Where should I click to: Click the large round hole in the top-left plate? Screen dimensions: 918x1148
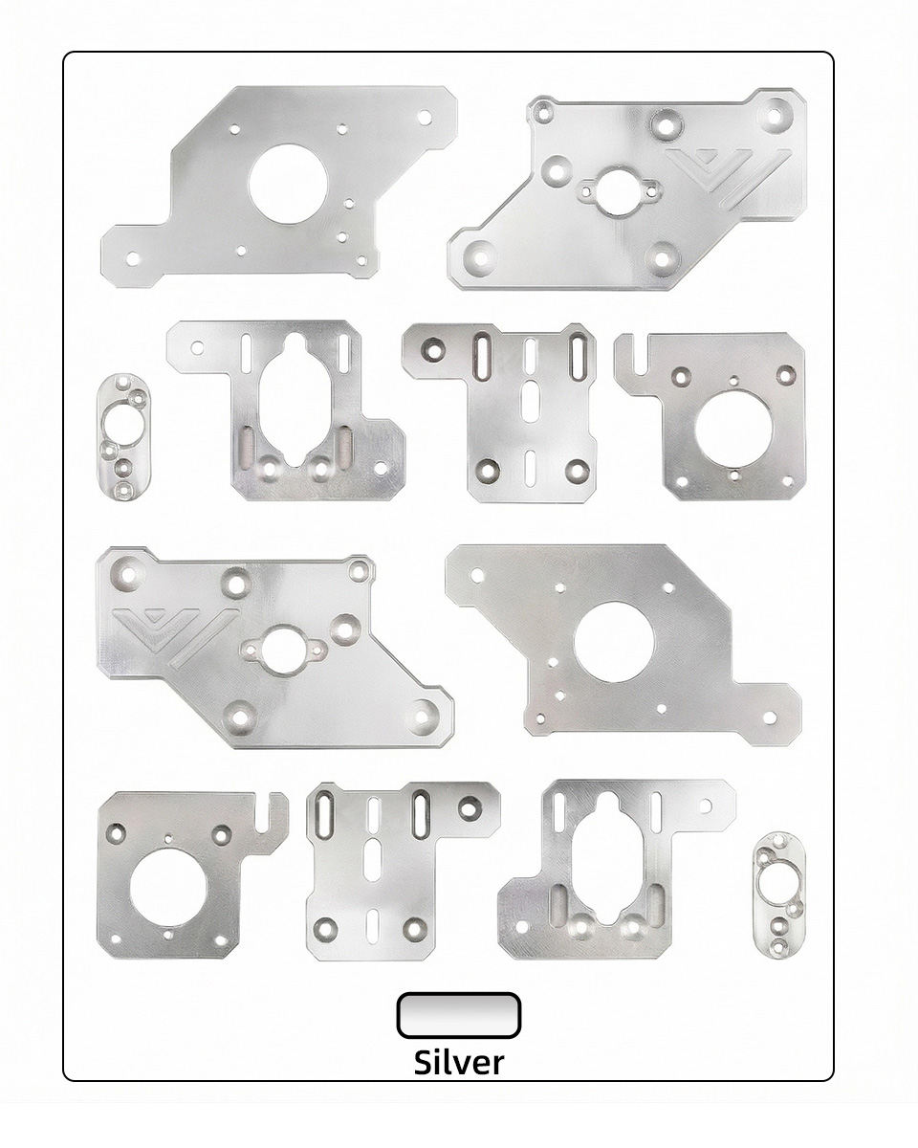pos(288,185)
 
